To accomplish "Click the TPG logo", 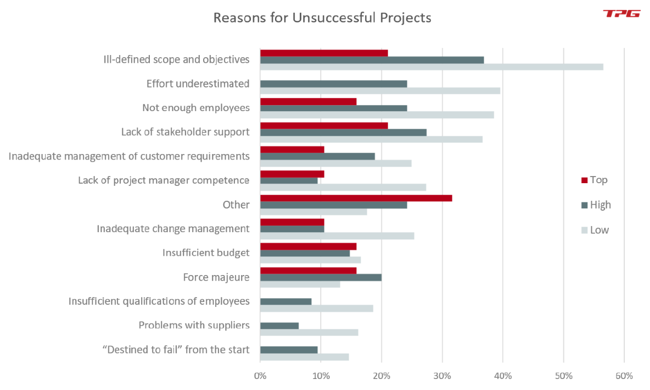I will [x=621, y=14].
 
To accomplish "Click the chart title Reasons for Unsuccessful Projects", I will [x=322, y=18].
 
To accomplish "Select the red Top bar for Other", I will [x=356, y=197].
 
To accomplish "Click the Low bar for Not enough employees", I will [x=377, y=115].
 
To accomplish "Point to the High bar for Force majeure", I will [x=321, y=277].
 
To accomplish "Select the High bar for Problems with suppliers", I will [x=279, y=326].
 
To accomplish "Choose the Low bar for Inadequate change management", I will [x=337, y=236].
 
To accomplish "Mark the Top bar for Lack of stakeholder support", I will [x=324, y=125].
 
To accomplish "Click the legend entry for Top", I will [x=595, y=180].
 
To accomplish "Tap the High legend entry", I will [x=596, y=205].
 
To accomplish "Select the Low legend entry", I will [x=595, y=230].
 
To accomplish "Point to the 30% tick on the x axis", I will [x=442, y=376].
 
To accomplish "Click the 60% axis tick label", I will [x=624, y=376].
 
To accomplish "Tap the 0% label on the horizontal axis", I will [x=260, y=376].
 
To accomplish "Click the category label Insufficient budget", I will [x=206, y=253].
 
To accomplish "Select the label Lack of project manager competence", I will [x=164, y=180].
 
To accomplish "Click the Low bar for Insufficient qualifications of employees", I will [x=316, y=309].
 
